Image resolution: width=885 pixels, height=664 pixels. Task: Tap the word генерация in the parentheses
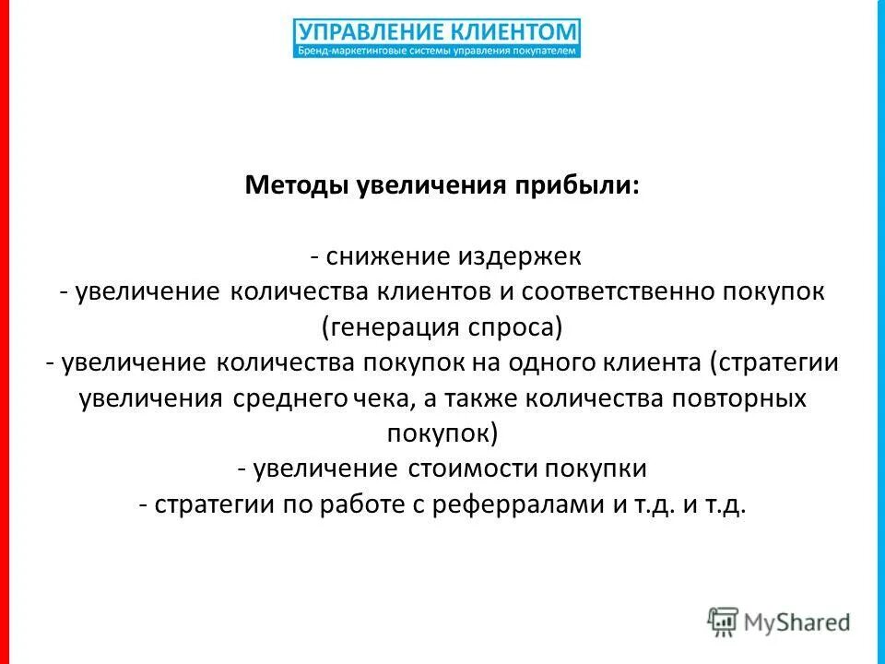point(393,326)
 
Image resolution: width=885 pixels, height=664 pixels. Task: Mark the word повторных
point(735,398)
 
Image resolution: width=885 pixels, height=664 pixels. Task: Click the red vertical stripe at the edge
point(5,332)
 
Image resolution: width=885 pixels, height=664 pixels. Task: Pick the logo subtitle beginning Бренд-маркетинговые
point(438,52)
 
